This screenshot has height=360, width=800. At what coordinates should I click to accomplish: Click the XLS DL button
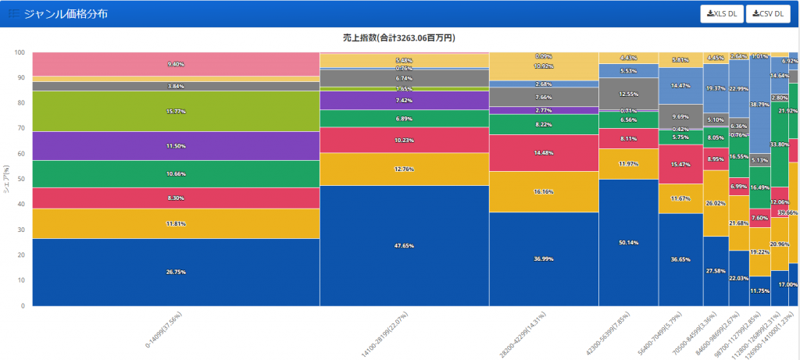tap(722, 13)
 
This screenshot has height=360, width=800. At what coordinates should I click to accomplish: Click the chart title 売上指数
tap(400, 37)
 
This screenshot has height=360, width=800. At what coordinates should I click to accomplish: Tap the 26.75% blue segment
tap(176, 272)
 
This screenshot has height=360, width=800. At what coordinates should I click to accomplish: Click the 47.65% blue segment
tap(404, 245)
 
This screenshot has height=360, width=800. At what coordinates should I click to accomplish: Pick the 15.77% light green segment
tap(176, 111)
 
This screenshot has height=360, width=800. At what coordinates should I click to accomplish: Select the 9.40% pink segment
tap(176, 64)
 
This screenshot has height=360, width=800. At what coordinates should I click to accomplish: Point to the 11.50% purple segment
tap(176, 146)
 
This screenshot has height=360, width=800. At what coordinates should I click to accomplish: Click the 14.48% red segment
tap(544, 152)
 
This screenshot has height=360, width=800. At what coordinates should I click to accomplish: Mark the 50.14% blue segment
tap(628, 242)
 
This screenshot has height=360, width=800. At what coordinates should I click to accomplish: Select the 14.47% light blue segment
tap(680, 86)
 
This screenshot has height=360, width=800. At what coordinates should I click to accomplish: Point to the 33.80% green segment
tap(779, 144)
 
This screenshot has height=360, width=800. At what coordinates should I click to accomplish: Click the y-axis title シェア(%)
tap(6, 179)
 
